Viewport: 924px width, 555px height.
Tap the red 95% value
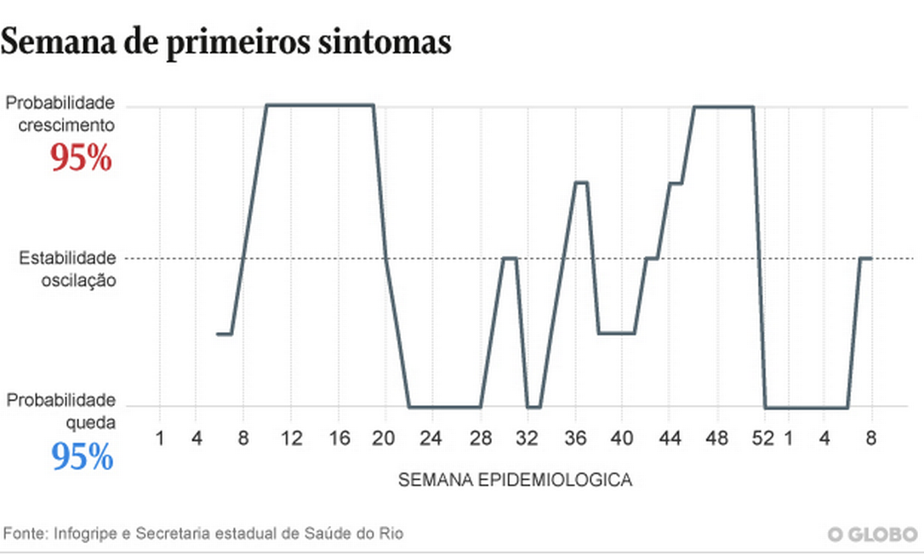point(81,158)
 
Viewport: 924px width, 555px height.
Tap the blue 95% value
point(82,458)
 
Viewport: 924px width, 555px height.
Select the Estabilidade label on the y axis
point(66,257)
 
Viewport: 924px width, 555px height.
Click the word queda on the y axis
point(92,421)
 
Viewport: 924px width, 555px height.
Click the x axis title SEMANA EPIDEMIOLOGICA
point(515,480)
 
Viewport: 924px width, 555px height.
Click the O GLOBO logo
point(873,535)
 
